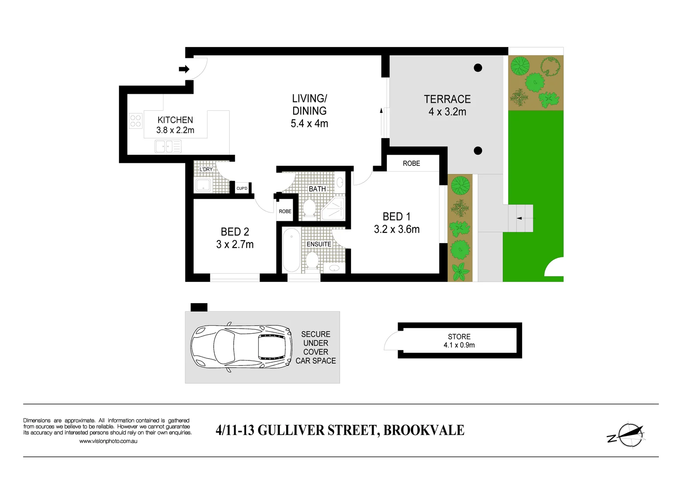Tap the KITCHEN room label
(175, 120)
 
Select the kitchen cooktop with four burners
(136, 121)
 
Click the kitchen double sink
(168, 146)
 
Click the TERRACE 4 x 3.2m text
(447, 105)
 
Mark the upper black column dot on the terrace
(478, 68)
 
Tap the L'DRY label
(206, 169)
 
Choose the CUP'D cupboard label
(242, 188)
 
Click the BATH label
(317, 189)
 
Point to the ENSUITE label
(319, 244)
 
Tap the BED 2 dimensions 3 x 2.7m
(235, 244)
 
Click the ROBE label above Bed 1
(411, 164)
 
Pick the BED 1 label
(396, 216)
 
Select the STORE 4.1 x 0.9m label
(459, 341)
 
